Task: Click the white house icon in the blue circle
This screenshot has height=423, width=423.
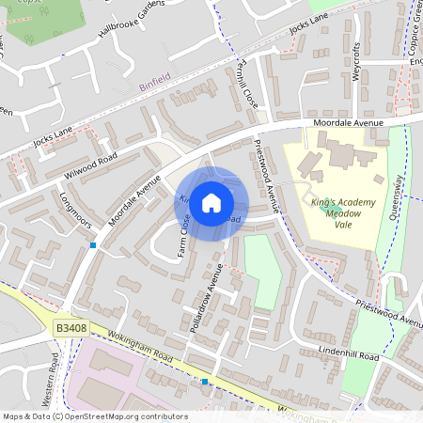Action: click(x=211, y=202)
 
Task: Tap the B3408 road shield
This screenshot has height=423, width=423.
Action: click(x=70, y=327)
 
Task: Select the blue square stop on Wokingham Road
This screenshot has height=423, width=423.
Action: click(x=205, y=382)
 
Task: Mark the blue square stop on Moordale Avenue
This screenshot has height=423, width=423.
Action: click(x=93, y=245)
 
